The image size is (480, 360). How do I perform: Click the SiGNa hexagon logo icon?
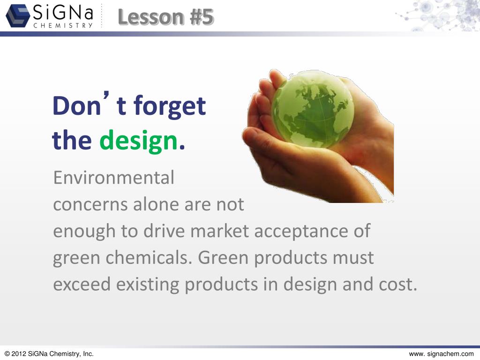17,16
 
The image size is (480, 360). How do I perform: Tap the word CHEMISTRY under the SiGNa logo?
63,26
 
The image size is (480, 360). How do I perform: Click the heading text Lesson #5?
166,17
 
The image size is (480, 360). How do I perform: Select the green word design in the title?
139,141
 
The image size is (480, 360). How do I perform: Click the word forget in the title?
170,106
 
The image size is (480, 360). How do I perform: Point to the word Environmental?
113,178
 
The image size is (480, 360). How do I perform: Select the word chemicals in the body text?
150,258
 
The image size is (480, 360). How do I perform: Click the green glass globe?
313,109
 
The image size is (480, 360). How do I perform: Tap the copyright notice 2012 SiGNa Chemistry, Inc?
49,354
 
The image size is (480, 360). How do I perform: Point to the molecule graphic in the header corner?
441,15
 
